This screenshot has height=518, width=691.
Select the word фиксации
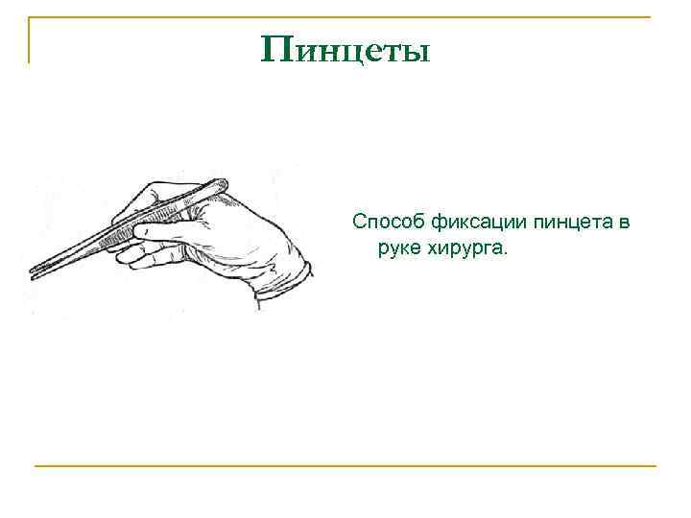pos(469,224)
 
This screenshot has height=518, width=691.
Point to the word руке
pos(399,248)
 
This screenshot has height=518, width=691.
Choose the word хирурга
pos(470,249)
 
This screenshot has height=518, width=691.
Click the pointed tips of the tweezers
pos(35,272)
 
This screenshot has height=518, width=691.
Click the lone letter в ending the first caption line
pos(625,224)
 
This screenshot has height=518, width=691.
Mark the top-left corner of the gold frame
pos(30,19)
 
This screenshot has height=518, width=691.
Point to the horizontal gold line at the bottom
pos(345,466)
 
